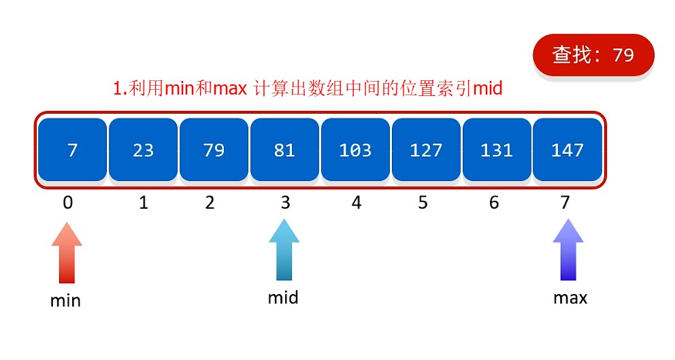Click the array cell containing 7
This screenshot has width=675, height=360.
point(73,150)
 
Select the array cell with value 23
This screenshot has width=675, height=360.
point(143,150)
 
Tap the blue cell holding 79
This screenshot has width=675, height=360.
point(214,150)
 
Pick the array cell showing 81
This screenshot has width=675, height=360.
point(284,150)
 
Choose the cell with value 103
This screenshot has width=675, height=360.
point(355,150)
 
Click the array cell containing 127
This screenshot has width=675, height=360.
point(426,150)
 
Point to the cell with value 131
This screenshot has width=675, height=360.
point(497,150)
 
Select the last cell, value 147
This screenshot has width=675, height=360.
point(567,150)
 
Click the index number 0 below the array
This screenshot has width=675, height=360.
point(67,202)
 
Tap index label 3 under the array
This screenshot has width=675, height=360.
point(285,202)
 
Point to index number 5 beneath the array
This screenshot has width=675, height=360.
point(423,202)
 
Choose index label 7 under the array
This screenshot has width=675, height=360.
point(565,202)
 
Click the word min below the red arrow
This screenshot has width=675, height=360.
point(65,300)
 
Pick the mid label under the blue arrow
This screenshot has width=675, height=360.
point(283,297)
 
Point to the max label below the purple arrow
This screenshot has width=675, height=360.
point(570,297)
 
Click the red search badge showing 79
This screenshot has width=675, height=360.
point(593,55)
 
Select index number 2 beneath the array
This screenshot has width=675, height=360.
point(210,202)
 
